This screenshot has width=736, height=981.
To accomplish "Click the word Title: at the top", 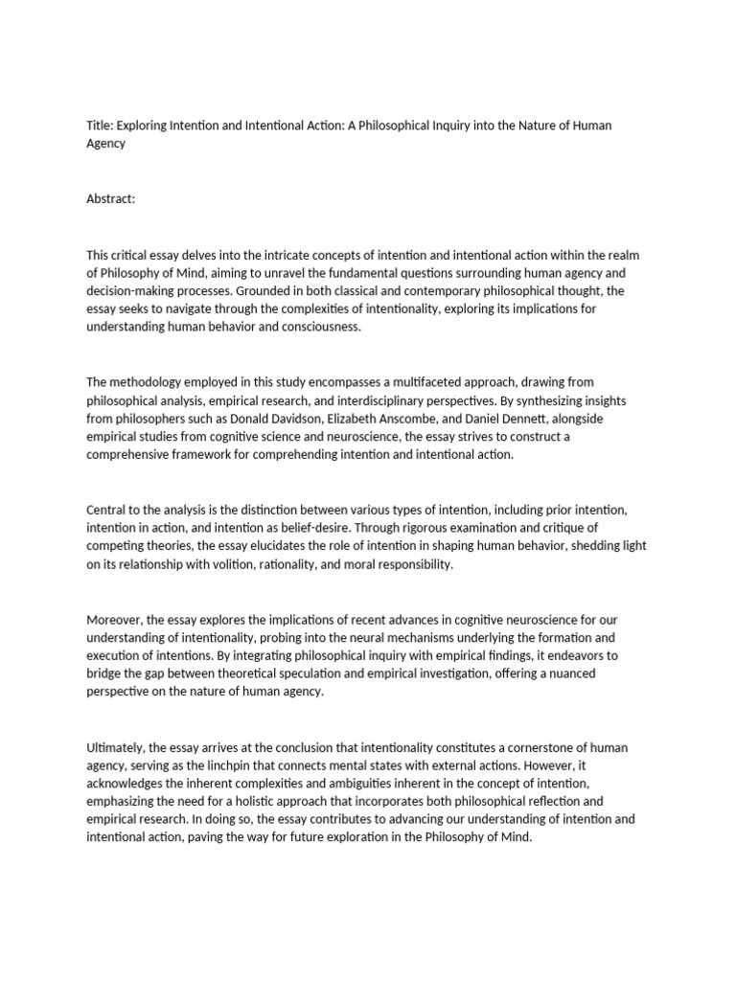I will [x=100, y=125].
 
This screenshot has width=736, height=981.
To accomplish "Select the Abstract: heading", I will [x=111, y=198].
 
